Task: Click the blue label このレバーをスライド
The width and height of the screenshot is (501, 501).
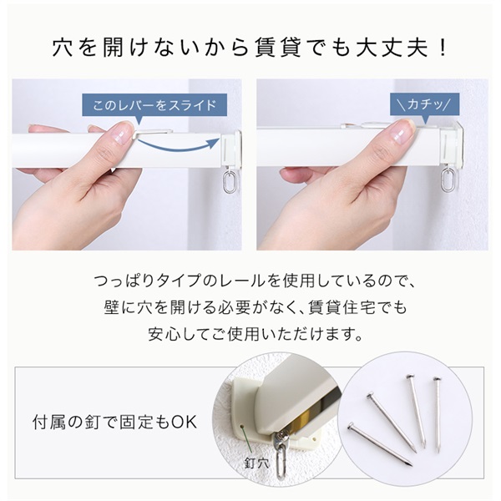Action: pos(154,105)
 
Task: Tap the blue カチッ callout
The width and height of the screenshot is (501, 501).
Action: pos(424,104)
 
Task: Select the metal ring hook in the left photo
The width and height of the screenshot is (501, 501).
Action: pos(229,182)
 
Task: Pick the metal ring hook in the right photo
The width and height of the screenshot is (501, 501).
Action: pos(448,180)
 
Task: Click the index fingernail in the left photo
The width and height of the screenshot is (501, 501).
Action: pos(121,134)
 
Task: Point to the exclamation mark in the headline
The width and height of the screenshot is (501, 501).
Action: pos(443,48)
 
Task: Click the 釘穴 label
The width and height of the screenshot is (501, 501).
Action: pos(257,463)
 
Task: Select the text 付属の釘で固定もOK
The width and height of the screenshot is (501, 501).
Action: pos(114,422)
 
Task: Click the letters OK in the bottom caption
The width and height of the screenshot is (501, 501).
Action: pos(185,422)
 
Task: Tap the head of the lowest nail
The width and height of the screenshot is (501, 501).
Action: pos(352,425)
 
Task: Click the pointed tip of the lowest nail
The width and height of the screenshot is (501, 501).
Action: pos(412,465)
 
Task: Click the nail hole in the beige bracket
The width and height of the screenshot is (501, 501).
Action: pos(241,426)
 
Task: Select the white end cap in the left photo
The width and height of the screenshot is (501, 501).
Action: pos(230,149)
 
